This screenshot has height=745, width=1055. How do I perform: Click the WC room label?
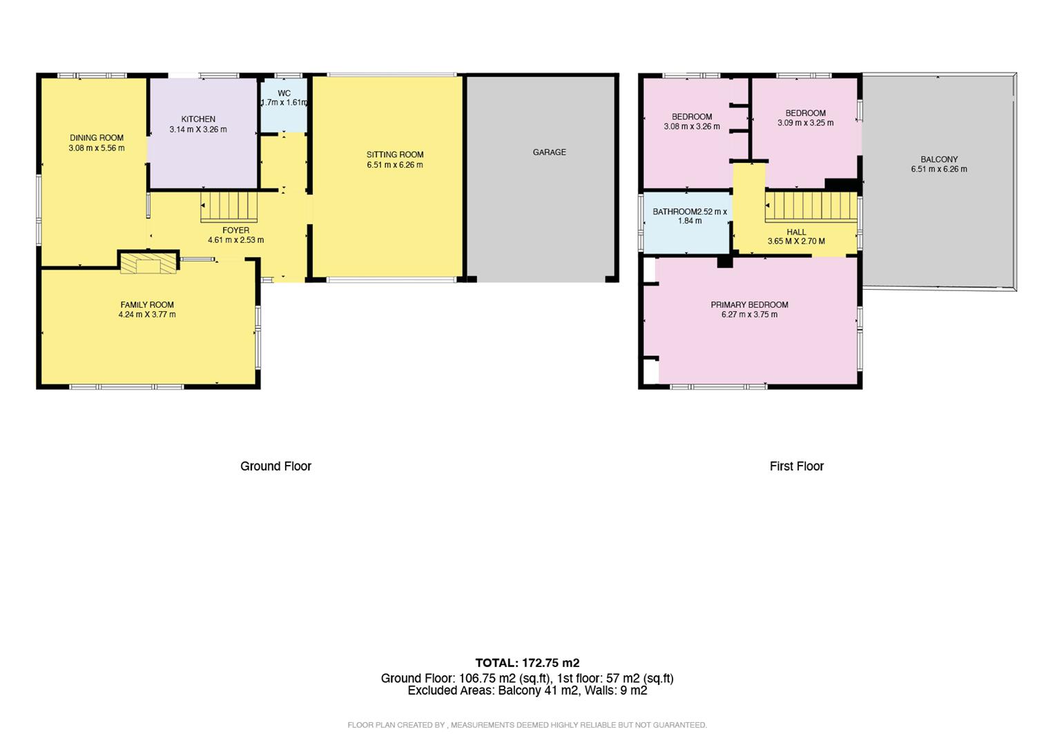click(x=284, y=93)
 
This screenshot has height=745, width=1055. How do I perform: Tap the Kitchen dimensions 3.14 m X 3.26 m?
click(x=198, y=129)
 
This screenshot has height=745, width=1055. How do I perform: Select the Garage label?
click(x=549, y=152)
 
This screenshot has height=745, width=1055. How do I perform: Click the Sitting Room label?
click(x=395, y=155)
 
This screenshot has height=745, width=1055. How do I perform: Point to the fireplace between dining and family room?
click(x=148, y=263)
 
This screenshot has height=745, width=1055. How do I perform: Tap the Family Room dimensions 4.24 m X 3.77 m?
click(x=147, y=315)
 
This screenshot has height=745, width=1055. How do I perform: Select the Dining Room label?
click(x=97, y=138)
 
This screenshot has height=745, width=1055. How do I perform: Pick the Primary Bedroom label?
click(x=749, y=305)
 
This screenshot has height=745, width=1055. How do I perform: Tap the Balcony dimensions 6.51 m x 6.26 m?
click(x=939, y=169)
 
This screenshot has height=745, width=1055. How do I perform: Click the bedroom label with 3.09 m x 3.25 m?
click(x=805, y=113)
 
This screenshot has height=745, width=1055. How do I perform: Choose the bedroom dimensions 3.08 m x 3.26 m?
click(x=692, y=126)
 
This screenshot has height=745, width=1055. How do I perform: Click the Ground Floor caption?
click(x=275, y=466)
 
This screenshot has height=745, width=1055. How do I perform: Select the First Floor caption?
click(x=796, y=466)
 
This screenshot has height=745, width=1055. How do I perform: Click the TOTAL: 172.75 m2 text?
click(x=527, y=663)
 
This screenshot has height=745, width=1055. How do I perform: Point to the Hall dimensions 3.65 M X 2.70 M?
click(x=796, y=241)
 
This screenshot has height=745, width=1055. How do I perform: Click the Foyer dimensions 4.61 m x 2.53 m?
click(x=235, y=240)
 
